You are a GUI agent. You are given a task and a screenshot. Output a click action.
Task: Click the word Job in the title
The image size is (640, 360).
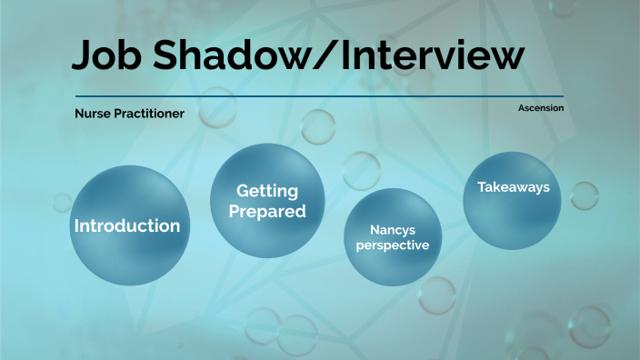point(104,56)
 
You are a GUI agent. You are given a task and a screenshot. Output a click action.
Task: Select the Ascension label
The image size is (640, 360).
point(540,108)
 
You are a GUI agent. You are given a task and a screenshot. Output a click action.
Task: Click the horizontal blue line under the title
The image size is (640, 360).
point(364,95)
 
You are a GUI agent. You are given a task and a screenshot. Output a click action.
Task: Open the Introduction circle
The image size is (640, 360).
point(126,225)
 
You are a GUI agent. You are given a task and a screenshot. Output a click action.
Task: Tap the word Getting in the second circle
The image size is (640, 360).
point(267,191)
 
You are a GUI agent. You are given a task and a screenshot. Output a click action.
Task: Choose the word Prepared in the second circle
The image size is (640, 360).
point(267,212)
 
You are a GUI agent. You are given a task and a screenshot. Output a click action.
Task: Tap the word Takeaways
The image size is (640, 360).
point(514,187)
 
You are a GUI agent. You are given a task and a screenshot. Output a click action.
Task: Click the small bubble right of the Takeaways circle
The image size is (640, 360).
point(584,195)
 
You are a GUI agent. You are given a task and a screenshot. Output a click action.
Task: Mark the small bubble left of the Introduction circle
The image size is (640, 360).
point(62,202)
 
